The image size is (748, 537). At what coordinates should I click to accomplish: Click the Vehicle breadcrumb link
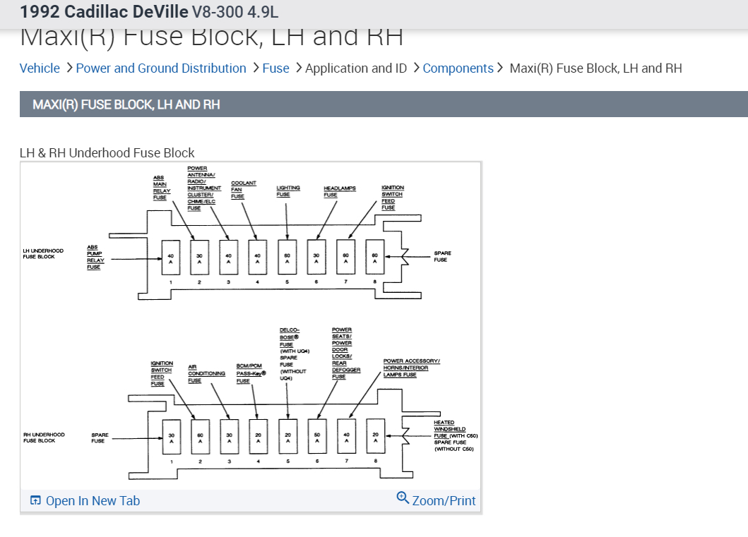[40, 68]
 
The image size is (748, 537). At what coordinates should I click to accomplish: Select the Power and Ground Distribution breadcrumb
[161, 68]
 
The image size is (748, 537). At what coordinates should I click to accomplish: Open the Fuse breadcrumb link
[275, 68]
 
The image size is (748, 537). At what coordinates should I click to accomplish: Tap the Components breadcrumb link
[458, 68]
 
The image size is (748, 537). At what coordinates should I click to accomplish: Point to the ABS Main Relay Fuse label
[160, 188]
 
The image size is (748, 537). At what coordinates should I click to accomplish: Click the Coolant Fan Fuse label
[243, 190]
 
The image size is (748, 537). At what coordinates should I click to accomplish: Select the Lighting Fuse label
[287, 191]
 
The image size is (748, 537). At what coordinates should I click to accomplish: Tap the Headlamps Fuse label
[339, 191]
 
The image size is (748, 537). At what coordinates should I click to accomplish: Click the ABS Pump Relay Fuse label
[95, 257]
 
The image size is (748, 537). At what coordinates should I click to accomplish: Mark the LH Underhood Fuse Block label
[43, 253]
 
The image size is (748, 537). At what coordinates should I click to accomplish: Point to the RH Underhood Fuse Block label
[43, 438]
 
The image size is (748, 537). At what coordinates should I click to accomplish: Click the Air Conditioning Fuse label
[206, 373]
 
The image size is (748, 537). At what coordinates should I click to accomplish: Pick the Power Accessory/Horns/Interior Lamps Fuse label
[411, 368]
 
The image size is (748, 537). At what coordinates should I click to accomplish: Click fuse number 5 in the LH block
[287, 258]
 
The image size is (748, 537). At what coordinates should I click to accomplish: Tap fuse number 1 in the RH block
[171, 438]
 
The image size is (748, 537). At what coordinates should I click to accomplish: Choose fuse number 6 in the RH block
[317, 438]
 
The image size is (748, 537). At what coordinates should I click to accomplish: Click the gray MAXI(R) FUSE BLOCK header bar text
[126, 104]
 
